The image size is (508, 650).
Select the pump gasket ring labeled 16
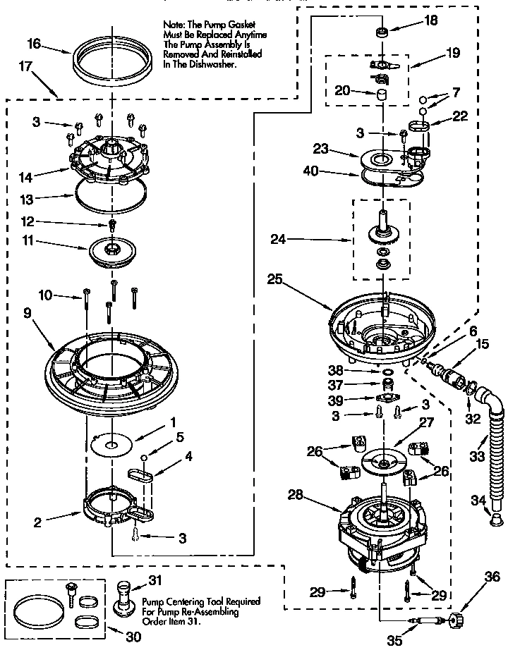(113, 63)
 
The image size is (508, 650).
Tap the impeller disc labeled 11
(112, 251)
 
